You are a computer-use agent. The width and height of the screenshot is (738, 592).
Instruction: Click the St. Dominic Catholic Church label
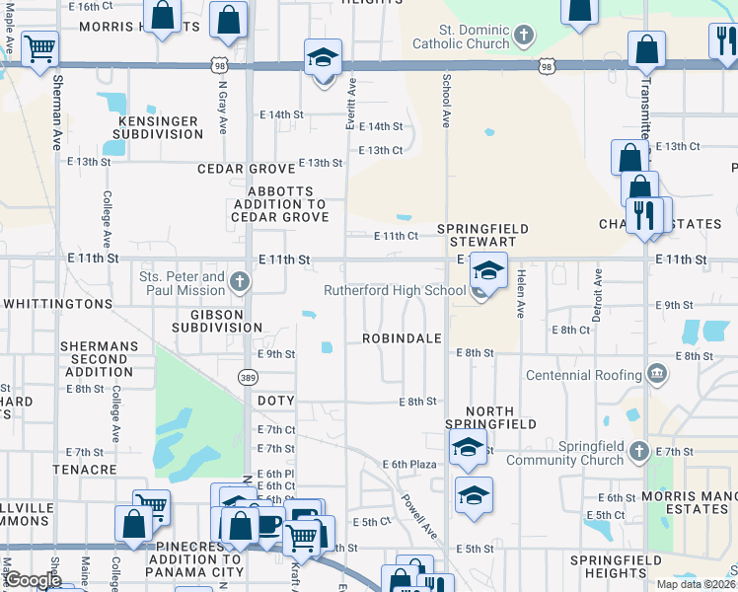(x=460, y=37)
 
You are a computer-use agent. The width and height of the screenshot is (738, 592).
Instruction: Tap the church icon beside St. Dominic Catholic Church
(x=524, y=37)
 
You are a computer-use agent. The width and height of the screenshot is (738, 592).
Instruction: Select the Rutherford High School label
(x=395, y=290)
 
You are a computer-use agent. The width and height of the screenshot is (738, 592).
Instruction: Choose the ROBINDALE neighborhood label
(x=401, y=337)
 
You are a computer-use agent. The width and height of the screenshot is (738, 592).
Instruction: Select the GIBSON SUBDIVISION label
(x=217, y=320)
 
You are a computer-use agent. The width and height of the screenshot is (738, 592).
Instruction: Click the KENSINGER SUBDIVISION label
(x=159, y=127)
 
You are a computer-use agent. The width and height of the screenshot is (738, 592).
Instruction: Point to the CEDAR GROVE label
(x=246, y=169)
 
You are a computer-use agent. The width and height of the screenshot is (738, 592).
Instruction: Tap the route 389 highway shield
(x=249, y=377)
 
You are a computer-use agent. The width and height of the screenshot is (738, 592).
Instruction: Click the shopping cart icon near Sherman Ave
(x=39, y=47)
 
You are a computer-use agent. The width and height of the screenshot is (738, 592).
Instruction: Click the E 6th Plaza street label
(x=409, y=464)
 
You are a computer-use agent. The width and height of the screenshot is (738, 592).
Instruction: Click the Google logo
(x=33, y=580)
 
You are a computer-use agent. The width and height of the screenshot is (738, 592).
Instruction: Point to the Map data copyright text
(x=695, y=584)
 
